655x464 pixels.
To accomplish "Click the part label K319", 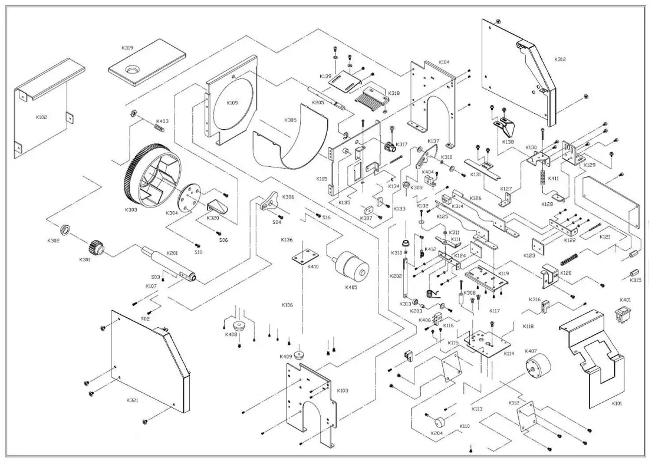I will [x=128, y=47].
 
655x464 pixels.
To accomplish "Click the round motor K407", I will [x=534, y=368].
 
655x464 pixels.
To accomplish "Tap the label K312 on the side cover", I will [x=560, y=60].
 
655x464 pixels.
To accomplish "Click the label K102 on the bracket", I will [x=41, y=117].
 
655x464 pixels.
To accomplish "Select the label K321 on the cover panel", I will [x=133, y=400].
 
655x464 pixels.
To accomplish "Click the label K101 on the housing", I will [x=616, y=404].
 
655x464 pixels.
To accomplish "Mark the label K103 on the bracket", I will [x=342, y=390].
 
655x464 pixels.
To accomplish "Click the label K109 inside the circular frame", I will [x=232, y=103].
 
